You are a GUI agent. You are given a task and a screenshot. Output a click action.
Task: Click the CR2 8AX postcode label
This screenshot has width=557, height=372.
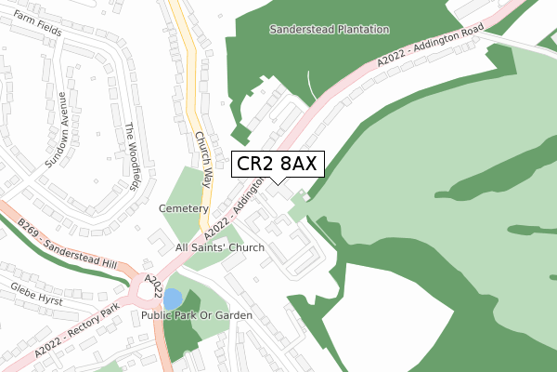(x=278, y=164)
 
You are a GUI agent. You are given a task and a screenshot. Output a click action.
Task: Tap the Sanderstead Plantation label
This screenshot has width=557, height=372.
(x=329, y=30)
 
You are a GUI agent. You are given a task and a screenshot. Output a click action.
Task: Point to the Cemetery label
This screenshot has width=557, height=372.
(x=182, y=208)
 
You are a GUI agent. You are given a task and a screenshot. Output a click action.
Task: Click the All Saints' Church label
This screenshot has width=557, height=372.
(x=220, y=247)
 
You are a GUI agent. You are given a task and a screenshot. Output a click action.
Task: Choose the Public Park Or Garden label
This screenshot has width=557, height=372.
(x=197, y=316)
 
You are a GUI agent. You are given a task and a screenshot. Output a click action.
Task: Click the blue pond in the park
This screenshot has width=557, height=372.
(x=173, y=299)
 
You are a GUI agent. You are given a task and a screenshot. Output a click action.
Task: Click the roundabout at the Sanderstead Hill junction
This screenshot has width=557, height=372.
(x=148, y=289)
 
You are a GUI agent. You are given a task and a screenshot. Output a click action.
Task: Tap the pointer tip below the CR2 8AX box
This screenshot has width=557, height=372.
(x=278, y=183)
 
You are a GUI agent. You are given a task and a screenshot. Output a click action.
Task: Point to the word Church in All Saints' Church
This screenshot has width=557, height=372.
(x=245, y=247)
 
